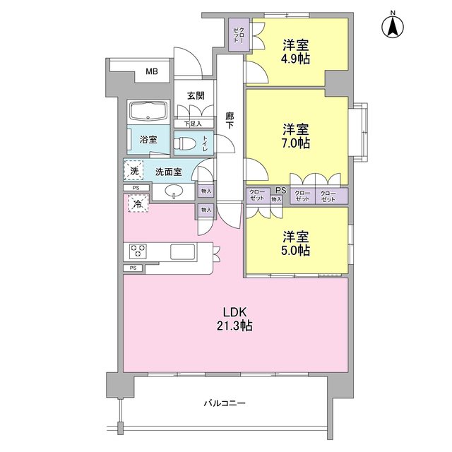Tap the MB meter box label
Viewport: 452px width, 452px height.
(152, 71)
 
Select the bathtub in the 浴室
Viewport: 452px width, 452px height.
(148, 112)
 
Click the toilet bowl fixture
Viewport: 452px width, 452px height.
(185, 143)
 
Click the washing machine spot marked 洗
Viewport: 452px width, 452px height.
(133, 170)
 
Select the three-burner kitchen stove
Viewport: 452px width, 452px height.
(137, 251)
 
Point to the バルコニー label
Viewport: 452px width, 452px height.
(224, 403)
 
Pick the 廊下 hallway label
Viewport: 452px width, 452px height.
(230, 120)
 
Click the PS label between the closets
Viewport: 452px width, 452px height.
(280, 190)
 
